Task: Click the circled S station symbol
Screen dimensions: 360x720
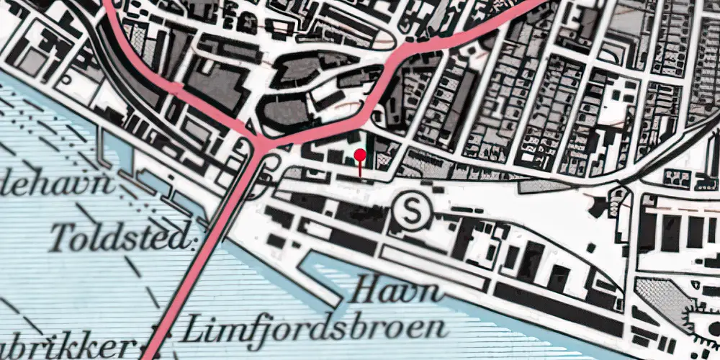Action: tap(411, 210)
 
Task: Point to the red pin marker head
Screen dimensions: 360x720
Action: tap(360, 154)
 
